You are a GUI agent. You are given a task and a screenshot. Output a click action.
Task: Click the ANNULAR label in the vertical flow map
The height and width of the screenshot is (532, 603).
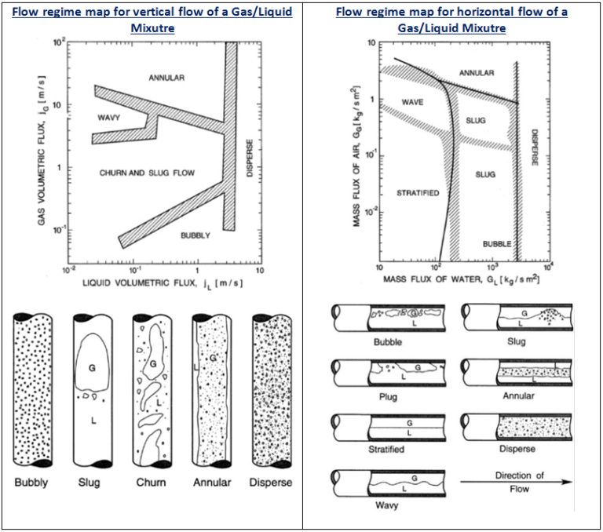pos(166,78)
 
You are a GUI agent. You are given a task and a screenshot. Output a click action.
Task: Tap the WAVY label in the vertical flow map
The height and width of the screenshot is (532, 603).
pos(110,118)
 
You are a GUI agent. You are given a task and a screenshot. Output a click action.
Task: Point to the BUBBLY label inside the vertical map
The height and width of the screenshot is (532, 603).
pos(196,235)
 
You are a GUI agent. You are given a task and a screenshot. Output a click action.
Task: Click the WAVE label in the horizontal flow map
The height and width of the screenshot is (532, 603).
pos(412,103)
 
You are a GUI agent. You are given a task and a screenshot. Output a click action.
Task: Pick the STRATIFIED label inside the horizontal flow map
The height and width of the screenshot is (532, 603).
pos(418,193)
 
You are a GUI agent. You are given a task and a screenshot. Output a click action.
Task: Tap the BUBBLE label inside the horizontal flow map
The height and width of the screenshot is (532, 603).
pos(497,244)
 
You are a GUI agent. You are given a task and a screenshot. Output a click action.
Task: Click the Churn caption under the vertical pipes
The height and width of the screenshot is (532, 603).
pos(151,482)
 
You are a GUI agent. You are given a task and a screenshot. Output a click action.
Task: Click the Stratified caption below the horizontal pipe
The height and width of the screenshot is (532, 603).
pos(386,450)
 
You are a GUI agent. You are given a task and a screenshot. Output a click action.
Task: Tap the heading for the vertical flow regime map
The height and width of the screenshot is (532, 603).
pos(152,20)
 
